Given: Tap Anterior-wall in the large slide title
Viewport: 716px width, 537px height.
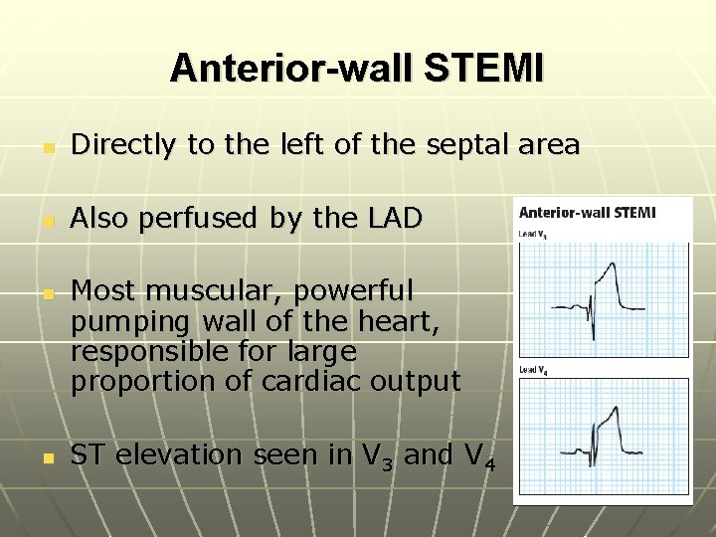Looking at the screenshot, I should [295, 69].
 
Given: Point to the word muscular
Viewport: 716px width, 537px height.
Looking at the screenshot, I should [208, 291].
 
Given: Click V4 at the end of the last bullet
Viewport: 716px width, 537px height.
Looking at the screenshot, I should [480, 455].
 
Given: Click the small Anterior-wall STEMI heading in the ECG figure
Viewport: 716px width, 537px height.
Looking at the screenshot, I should [587, 213].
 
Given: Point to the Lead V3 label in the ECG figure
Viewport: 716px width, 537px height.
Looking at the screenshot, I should [533, 235].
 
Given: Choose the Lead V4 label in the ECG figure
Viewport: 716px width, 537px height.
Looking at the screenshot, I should [533, 370].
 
